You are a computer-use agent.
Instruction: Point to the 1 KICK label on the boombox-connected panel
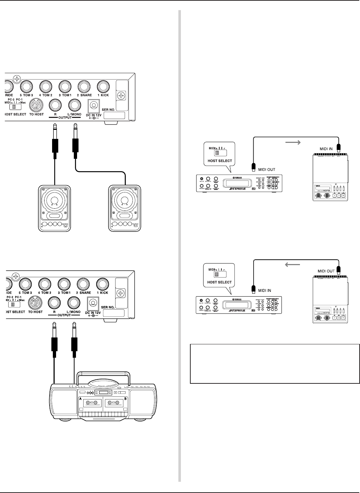click(102, 293)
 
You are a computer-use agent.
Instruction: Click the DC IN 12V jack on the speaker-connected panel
click(93, 106)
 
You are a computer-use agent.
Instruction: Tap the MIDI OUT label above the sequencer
click(326, 271)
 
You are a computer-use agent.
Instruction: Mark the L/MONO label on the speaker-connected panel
click(75, 114)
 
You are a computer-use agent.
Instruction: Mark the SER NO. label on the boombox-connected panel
click(109, 307)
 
